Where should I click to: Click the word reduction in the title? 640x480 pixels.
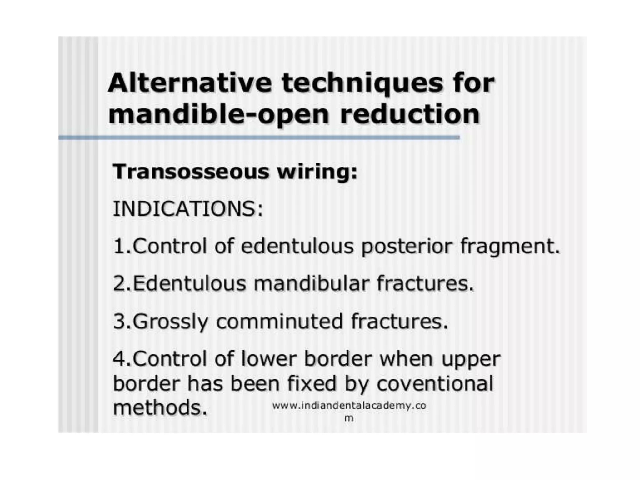pos(410,114)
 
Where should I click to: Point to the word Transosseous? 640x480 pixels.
pos(191,172)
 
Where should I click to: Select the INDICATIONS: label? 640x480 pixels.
pos(188,209)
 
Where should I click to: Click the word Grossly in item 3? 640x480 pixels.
pos(171,322)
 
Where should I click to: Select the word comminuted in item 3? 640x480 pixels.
pos(280,322)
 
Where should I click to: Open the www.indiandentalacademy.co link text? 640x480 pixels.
pos(349,406)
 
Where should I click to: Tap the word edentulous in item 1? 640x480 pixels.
pos(297,246)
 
